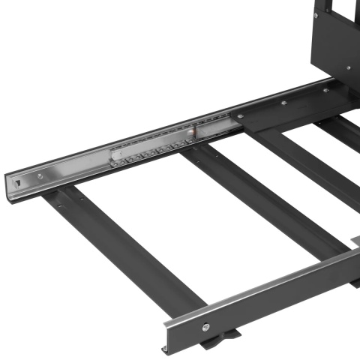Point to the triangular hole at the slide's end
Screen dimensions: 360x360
coord(17,181)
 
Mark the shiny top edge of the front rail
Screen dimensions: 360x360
coord(262,285)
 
